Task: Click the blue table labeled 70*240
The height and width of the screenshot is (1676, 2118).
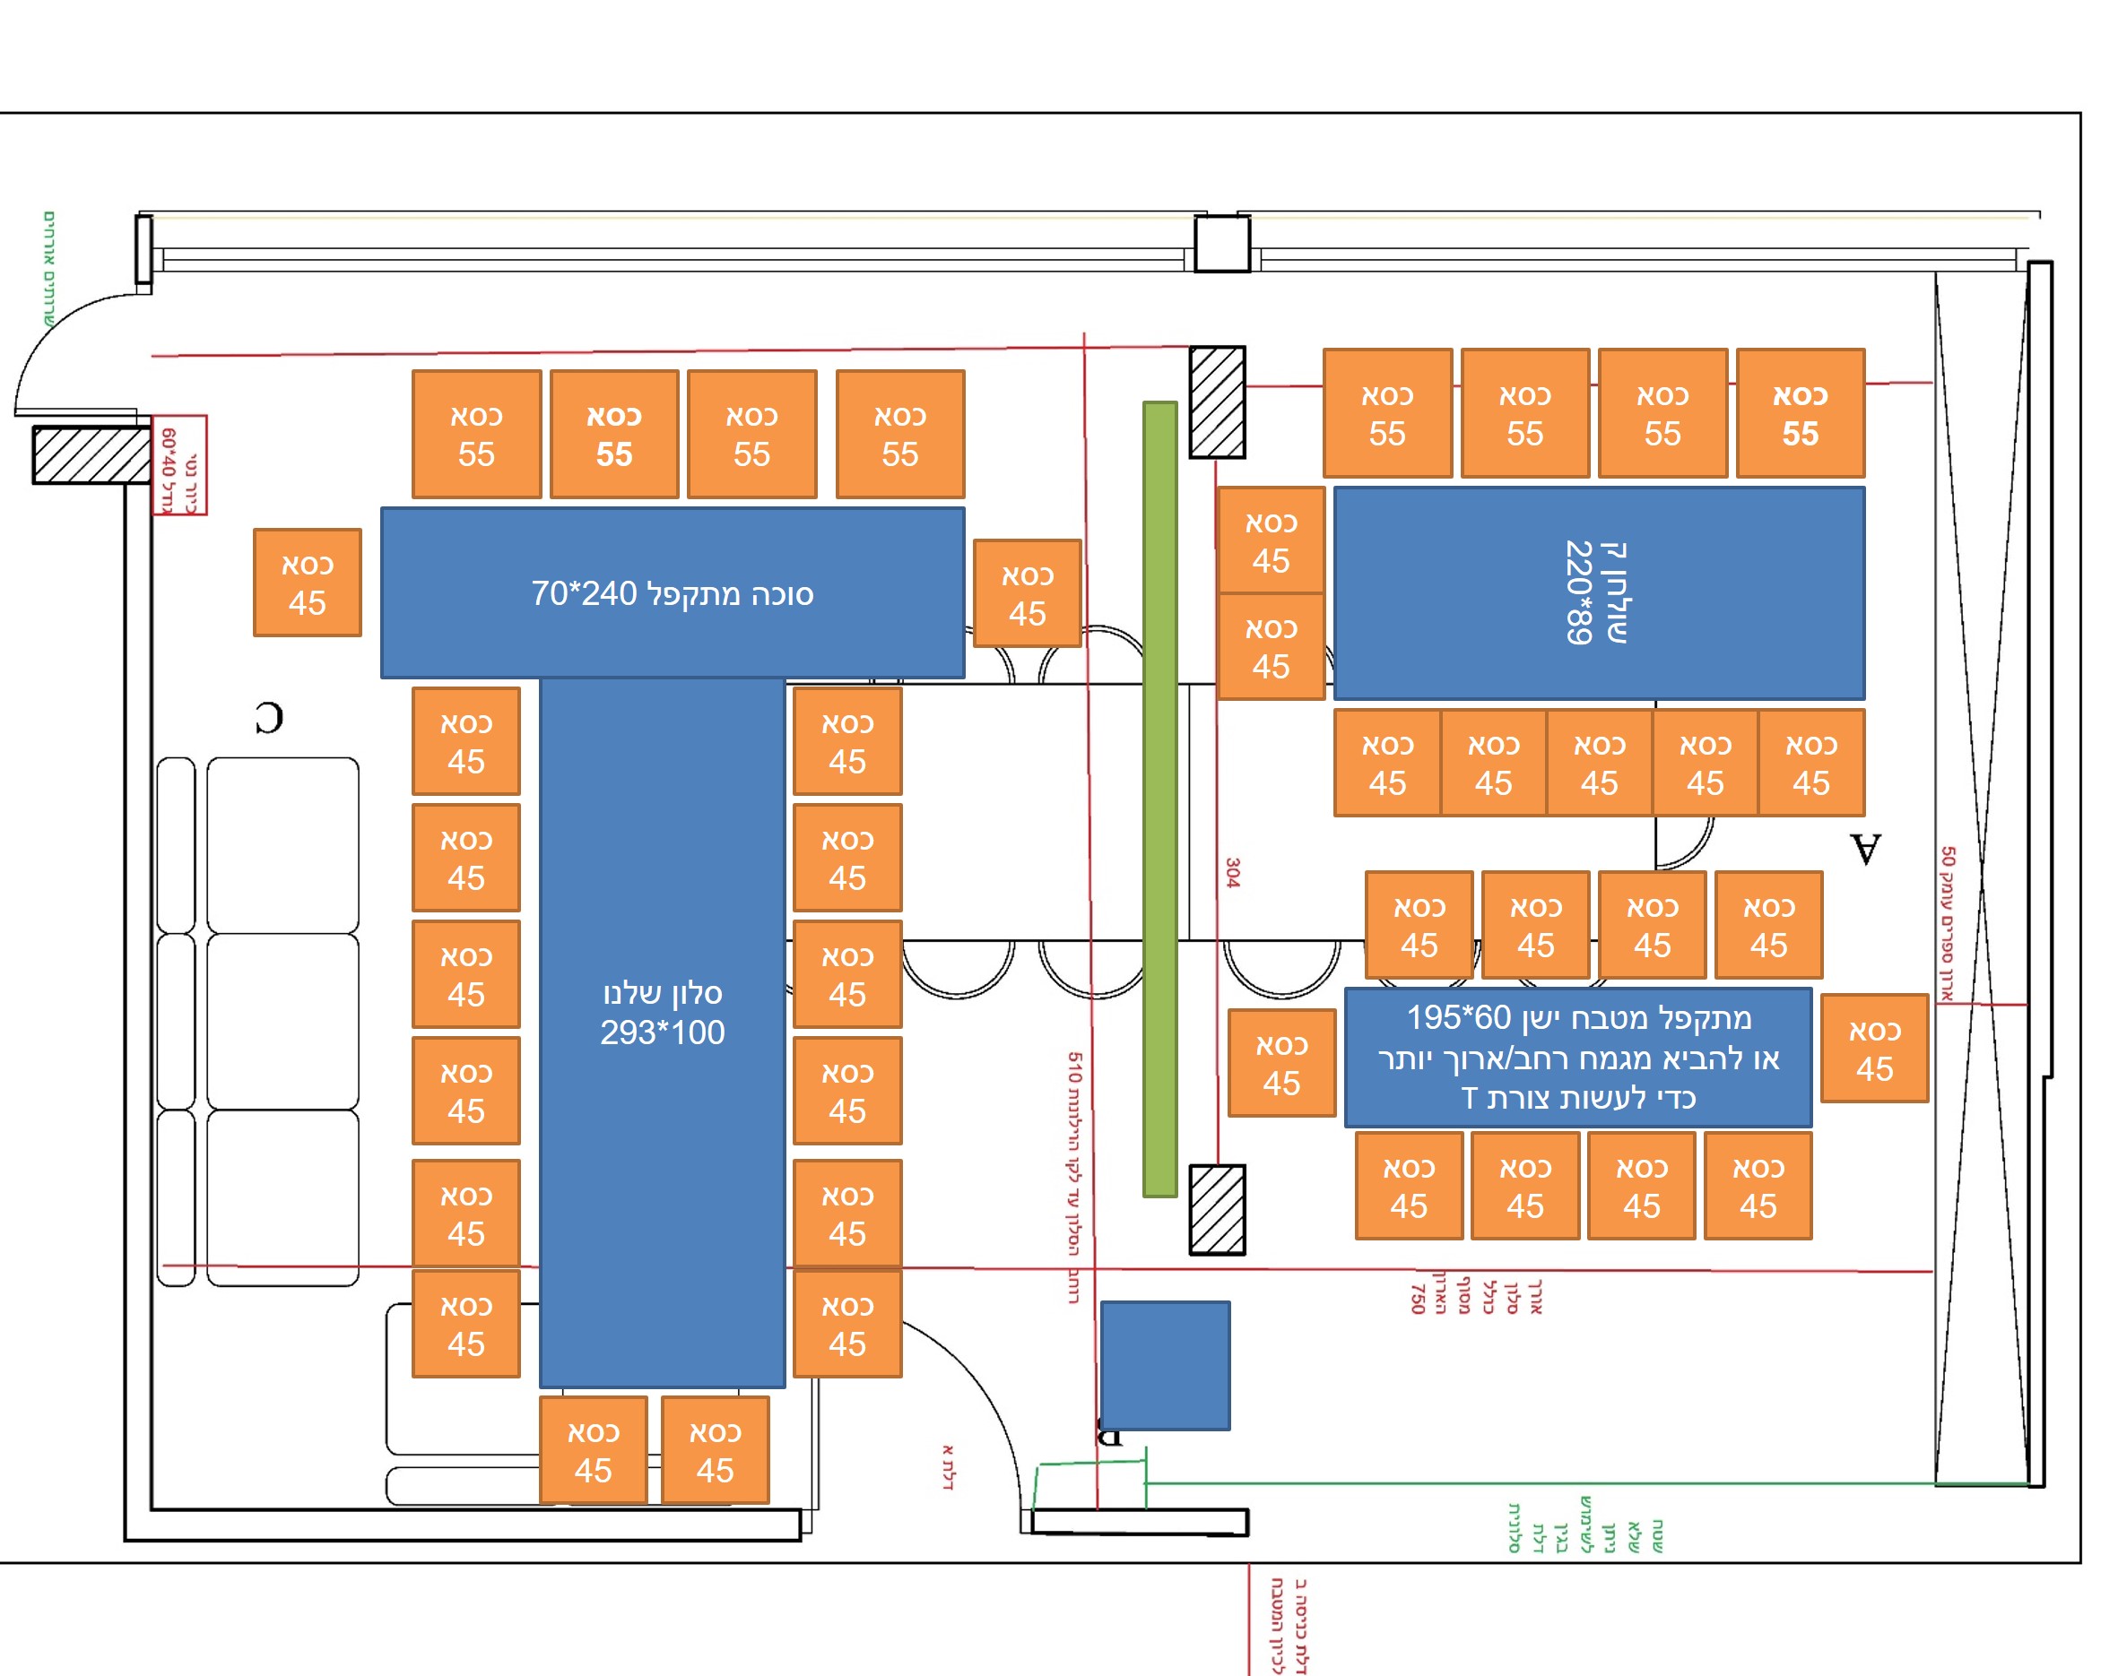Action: coord(673,592)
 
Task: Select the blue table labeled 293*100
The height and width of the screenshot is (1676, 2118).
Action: coord(662,1031)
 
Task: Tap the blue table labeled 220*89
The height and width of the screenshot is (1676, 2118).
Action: coord(1598,592)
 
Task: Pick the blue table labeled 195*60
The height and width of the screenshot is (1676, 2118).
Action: coord(1577,1057)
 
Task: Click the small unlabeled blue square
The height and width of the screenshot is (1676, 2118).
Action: coord(1164,1365)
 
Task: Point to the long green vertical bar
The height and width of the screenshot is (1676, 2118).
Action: coord(1159,799)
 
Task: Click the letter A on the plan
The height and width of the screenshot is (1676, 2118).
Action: coord(1866,849)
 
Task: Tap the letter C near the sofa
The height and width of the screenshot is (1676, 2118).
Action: coord(269,717)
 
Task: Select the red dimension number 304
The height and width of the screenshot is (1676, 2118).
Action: coord(1233,872)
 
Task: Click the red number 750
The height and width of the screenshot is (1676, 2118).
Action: coord(1416,1298)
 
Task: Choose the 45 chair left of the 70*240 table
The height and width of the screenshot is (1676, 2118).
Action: coord(308,583)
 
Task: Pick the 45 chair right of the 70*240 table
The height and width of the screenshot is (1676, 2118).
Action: coord(1027,593)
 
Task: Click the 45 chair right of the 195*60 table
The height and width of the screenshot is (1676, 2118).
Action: coord(1873,1048)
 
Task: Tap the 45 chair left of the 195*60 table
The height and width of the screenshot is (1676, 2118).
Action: coord(1280,1063)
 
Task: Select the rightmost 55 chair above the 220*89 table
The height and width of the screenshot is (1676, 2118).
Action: coord(1799,413)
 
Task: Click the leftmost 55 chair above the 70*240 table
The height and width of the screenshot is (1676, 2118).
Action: coord(476,434)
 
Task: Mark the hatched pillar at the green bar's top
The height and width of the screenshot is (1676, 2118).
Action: coord(1217,402)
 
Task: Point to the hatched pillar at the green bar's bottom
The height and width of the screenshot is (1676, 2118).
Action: coord(1217,1209)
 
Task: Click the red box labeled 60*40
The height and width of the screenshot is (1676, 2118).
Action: coord(179,464)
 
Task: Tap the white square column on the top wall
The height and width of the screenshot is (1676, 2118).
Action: coord(1221,245)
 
